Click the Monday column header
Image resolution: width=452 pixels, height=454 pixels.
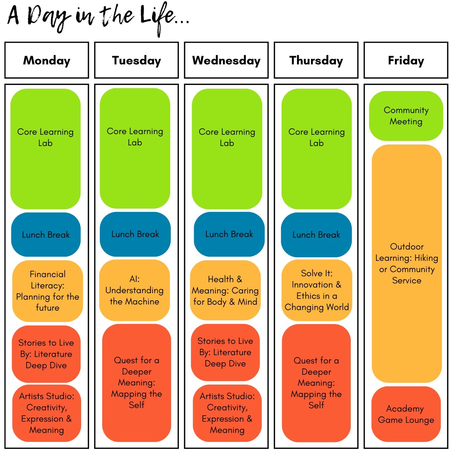(47, 60)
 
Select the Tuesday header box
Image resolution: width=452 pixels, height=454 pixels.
(137, 60)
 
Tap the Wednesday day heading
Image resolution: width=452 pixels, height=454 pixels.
(226, 60)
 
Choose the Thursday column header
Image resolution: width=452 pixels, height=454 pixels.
(316, 60)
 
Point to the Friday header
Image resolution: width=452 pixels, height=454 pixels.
(406, 60)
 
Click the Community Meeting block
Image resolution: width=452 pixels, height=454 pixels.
(406, 116)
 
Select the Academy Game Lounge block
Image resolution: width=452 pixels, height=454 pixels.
(406, 414)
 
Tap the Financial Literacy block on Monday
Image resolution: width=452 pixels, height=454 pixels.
(48, 291)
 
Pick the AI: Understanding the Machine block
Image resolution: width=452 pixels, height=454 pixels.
(135, 290)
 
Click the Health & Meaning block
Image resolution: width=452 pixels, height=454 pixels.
(225, 290)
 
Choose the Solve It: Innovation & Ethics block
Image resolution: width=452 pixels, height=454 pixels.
(317, 290)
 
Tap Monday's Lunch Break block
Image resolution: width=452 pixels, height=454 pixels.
(46, 234)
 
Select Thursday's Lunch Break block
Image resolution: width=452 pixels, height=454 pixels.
(316, 235)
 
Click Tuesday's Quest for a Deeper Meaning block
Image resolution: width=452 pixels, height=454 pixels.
(137, 383)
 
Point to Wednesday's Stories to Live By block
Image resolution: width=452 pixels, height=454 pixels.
(225, 353)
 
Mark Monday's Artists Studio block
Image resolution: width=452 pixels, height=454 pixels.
(47, 413)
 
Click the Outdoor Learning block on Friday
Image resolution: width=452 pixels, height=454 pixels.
(407, 263)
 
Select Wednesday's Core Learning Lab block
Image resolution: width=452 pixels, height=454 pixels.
(227, 149)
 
